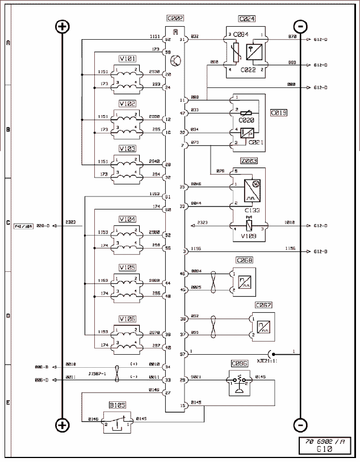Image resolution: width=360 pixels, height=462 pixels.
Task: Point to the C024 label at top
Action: click(248, 19)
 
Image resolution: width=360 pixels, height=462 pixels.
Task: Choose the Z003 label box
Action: click(248, 161)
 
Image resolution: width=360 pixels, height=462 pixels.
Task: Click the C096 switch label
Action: click(240, 363)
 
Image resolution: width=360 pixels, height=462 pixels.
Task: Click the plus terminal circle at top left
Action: click(62, 27)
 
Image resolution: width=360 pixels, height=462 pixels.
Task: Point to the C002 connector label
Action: click(174, 19)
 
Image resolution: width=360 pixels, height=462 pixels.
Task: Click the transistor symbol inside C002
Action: click(176, 60)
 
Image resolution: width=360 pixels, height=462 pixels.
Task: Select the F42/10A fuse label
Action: click(23, 226)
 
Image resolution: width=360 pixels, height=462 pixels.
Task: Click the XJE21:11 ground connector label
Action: click(266, 360)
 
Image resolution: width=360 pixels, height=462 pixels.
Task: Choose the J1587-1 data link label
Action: click(98, 373)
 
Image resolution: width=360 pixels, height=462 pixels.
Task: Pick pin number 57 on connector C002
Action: click(183, 354)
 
